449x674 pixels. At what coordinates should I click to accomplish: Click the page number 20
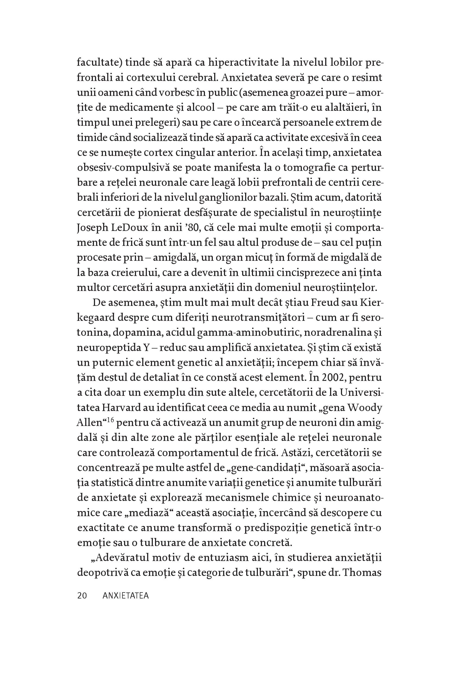[82, 596]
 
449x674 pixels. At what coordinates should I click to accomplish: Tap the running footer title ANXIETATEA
[126, 596]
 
